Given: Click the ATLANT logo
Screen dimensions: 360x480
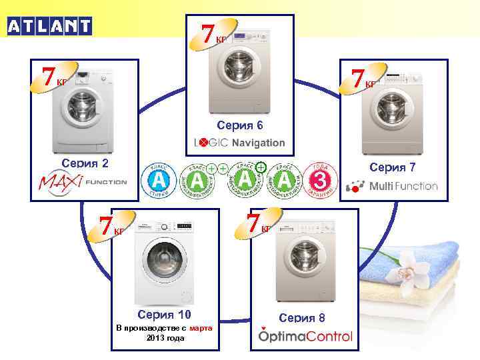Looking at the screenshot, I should click(49, 26).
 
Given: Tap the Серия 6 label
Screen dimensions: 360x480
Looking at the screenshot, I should click(240, 125).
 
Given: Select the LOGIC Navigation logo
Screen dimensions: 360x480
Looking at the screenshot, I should click(239, 143).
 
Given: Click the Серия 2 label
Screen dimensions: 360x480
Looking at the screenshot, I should click(85, 162).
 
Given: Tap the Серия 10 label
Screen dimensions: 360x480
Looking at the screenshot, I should click(164, 314).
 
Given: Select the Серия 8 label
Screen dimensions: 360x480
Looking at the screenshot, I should click(303, 317).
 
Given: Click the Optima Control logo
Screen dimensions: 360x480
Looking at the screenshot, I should click(305, 335).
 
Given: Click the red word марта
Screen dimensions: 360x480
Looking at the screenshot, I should click(201, 328).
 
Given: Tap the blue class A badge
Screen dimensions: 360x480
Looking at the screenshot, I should click(157, 180).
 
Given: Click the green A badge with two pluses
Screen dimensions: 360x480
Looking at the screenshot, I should click(197, 180).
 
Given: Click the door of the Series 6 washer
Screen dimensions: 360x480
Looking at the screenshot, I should click(235, 67).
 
